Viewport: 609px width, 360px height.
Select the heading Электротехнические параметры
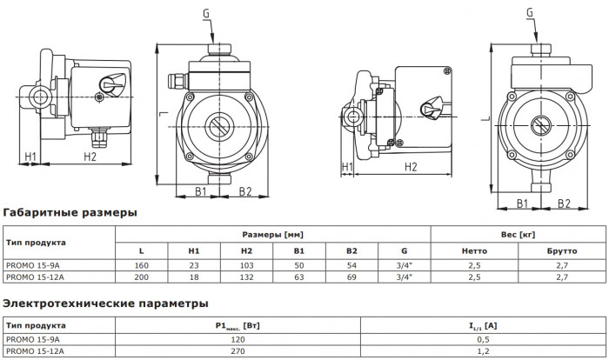(105, 303)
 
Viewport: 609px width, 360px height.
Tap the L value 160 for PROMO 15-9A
(141, 264)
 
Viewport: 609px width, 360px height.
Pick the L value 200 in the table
(141, 277)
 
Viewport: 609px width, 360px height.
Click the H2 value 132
(247, 277)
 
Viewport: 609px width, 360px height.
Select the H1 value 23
(194, 264)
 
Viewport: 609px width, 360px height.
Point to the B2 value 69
(352, 277)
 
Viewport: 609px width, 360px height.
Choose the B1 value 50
(299, 264)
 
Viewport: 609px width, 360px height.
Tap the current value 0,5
(470, 340)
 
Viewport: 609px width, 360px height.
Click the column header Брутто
(561, 250)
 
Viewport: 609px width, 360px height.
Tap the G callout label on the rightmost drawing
(530, 12)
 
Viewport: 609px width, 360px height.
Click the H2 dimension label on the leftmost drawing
(90, 157)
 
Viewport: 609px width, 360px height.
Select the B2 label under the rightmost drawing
(564, 203)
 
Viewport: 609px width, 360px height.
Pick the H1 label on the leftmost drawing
(30, 157)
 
